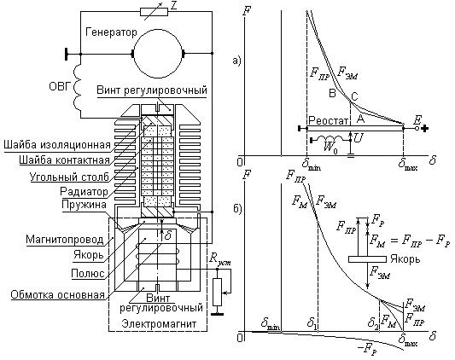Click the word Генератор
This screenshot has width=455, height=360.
(x=111, y=32)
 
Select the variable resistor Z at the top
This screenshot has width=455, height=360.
(x=154, y=12)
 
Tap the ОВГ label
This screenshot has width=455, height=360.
(x=61, y=86)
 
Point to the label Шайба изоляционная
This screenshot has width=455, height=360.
(x=57, y=144)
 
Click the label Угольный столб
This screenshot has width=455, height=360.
(x=69, y=177)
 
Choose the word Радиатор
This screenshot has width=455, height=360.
(x=84, y=191)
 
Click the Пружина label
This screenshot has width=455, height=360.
(x=84, y=205)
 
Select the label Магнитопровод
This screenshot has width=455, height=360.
(x=64, y=240)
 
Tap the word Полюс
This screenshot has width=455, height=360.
(x=88, y=273)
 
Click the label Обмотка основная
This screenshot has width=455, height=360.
(x=57, y=294)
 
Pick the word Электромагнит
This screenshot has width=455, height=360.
(x=159, y=323)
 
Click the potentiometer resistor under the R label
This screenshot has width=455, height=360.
(x=217, y=292)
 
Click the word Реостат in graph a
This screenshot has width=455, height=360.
(x=328, y=120)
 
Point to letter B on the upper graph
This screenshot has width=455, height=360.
(x=332, y=93)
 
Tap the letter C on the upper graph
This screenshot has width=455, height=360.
(x=354, y=96)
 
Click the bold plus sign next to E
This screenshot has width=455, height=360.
(x=425, y=128)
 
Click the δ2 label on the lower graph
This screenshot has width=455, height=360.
(x=373, y=322)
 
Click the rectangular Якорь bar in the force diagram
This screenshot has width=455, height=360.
(x=367, y=259)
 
